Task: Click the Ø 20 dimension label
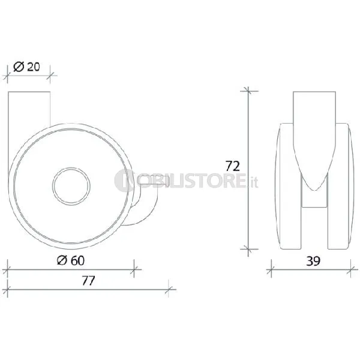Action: pyautogui.click(x=26, y=67)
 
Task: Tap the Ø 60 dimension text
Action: pyautogui.click(x=71, y=260)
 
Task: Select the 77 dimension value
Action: pyautogui.click(x=88, y=281)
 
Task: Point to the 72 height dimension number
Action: pyautogui.click(x=233, y=166)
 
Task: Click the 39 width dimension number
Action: pyautogui.click(x=313, y=261)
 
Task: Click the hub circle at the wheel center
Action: pyautogui.click(x=71, y=186)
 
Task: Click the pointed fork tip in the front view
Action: pyautogui.click(x=314, y=190)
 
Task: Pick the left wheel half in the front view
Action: pyautogui.click(x=289, y=186)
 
